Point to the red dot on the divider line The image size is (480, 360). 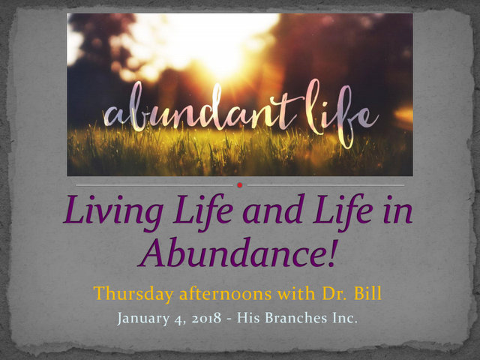240,185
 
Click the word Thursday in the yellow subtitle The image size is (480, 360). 133,293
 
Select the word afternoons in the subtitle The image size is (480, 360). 226,293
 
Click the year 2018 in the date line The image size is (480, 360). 206,318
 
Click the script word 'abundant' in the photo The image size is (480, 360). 199,109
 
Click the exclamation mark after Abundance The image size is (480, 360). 333,253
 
